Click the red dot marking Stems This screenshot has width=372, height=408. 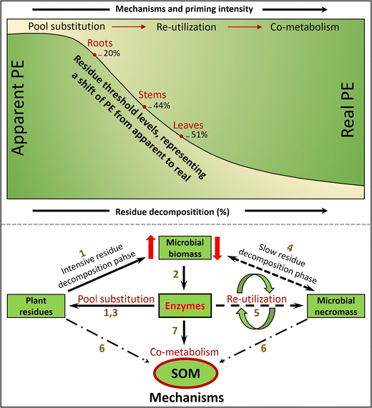145,106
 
